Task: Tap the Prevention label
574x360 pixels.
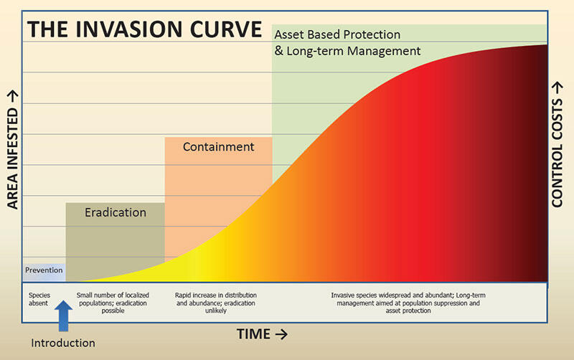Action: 44,270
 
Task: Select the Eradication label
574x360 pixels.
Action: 116,212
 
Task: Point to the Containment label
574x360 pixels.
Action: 218,147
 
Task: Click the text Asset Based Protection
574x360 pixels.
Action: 337,34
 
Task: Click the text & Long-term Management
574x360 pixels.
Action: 347,51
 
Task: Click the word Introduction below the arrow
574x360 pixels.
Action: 63,343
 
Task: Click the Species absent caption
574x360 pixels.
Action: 39,299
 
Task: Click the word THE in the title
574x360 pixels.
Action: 50,30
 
